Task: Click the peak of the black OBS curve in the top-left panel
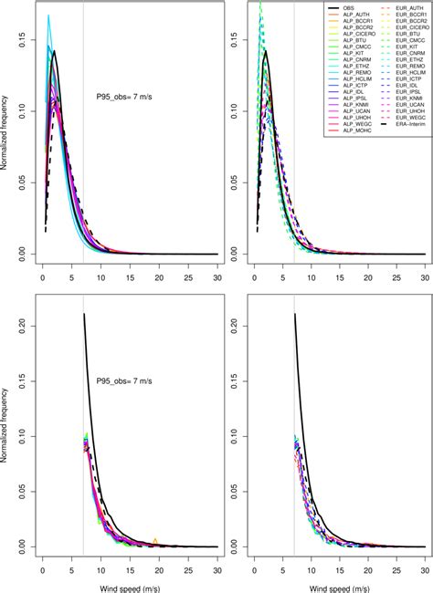[55, 52]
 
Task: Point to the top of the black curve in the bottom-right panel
[295, 390]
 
